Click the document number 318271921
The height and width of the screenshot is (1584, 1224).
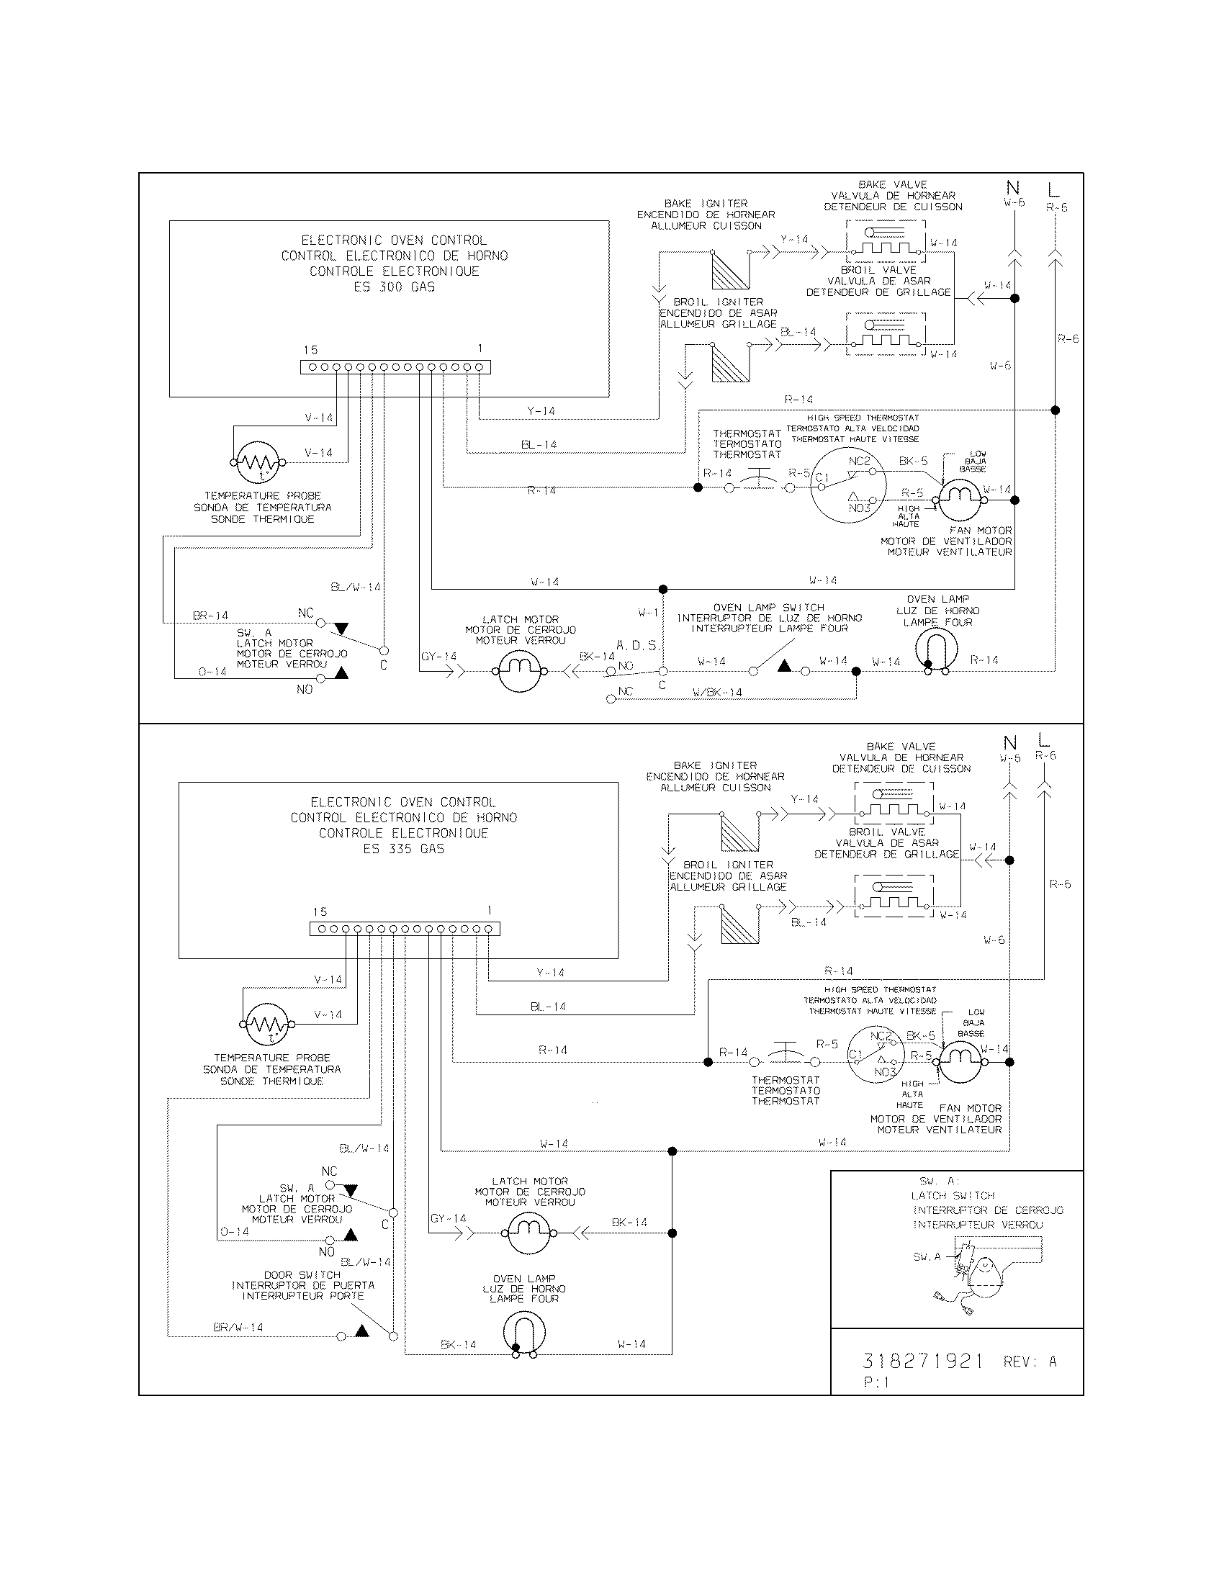coord(922,1362)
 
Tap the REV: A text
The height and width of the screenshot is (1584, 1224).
coord(1030,1362)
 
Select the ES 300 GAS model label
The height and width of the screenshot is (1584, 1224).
coord(394,287)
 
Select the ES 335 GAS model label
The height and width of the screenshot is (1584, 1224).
coord(403,849)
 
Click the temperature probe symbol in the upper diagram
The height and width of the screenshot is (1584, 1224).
coord(259,462)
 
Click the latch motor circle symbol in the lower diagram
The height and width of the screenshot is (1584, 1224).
coord(528,1233)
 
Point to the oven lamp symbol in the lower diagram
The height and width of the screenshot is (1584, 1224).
coord(524,1332)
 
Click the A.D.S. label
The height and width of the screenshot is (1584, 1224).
coord(637,645)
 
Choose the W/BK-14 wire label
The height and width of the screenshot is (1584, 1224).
coord(717,693)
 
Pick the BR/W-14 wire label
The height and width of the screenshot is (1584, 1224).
coord(238,1328)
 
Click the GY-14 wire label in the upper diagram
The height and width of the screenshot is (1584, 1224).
coord(438,657)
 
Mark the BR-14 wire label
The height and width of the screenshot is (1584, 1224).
coord(210,616)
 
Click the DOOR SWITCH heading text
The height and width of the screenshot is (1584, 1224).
coord(302,1274)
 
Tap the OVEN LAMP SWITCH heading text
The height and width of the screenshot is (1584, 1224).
coord(769,607)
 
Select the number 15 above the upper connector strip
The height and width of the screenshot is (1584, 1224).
coord(310,350)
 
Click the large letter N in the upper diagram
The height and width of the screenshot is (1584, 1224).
coord(1013,189)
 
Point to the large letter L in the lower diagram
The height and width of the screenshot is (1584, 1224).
coord(1043,740)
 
